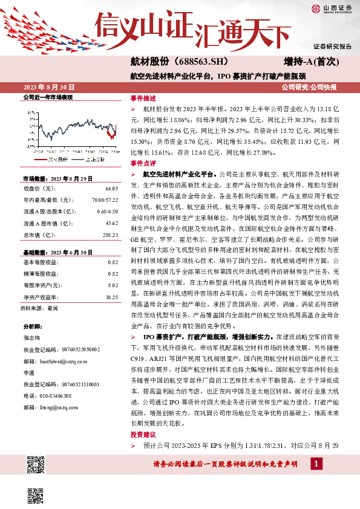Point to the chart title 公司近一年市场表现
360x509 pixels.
pyautogui.click(x=47, y=97)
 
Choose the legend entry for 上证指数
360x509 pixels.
pyautogui.click(x=91, y=158)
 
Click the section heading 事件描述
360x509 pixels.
pyautogui.click(x=143, y=98)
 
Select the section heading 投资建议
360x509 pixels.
pyautogui.click(x=143, y=435)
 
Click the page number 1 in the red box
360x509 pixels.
pyautogui.click(x=316, y=463)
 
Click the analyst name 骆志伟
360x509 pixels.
pyautogui.click(x=33, y=337)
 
